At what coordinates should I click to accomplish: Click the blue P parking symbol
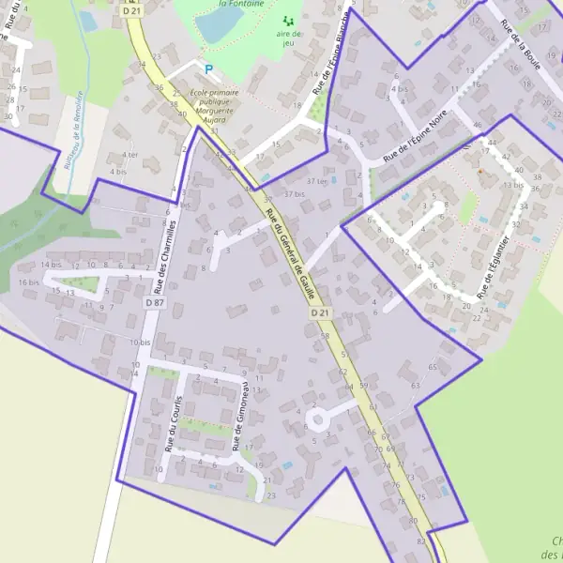point(208,68)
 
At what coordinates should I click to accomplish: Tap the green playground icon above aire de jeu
point(289,21)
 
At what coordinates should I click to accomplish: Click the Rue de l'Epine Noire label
point(415,142)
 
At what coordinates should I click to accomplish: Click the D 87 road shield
point(155,302)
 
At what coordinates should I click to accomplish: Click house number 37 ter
point(317,181)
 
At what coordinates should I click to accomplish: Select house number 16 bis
point(28,282)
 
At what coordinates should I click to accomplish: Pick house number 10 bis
point(141,343)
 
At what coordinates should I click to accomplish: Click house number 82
point(420,542)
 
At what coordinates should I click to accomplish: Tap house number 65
point(433,367)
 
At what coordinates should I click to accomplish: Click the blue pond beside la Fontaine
point(220,25)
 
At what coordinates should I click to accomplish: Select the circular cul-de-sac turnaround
point(318,418)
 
